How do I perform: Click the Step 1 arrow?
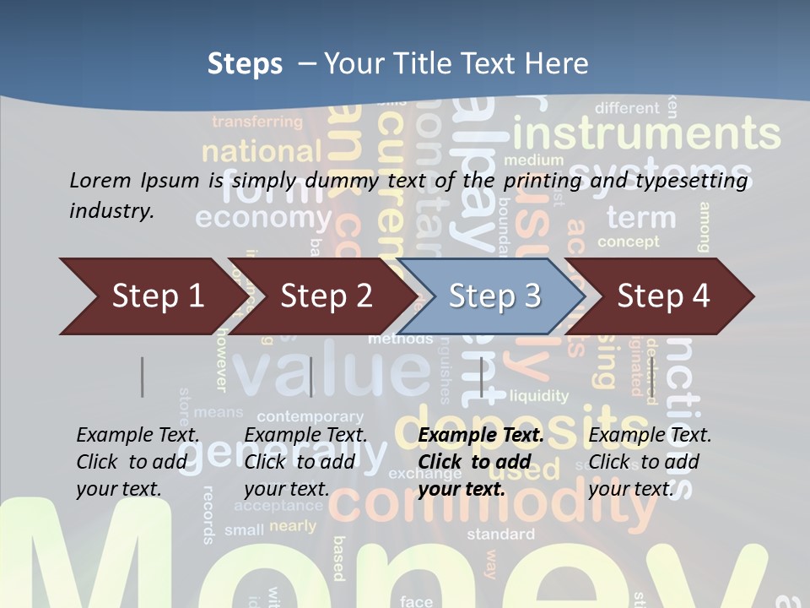tap(152, 296)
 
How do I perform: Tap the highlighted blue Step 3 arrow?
tap(494, 296)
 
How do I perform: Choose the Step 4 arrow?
tap(663, 296)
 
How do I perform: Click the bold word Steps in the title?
tap(245, 64)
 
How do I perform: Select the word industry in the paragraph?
tap(111, 210)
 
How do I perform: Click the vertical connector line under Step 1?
tap(142, 377)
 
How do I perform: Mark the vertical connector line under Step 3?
tap(481, 377)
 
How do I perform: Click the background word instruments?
tap(646, 133)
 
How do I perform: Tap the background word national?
tap(262, 152)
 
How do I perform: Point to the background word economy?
tap(264, 217)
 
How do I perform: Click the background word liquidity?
tap(539, 395)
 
